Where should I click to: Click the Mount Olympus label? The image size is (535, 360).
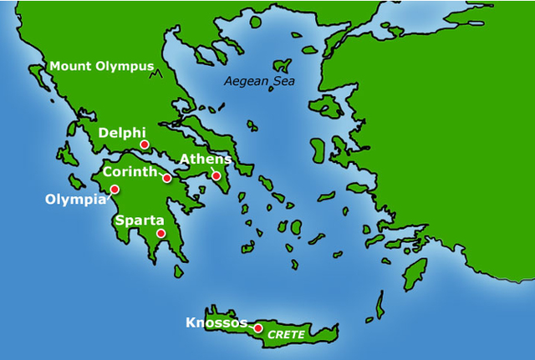click(102, 66)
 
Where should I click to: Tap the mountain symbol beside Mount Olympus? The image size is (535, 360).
click(155, 74)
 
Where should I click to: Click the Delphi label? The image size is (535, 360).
click(122, 133)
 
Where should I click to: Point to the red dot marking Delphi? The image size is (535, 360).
click(145, 145)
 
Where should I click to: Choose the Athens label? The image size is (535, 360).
click(206, 160)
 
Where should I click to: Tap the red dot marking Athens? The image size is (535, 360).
click(216, 175)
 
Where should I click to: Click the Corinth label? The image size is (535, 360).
click(130, 172)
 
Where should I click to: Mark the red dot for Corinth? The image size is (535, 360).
click(167, 178)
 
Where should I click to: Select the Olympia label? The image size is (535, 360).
click(76, 200)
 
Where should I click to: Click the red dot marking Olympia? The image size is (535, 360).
click(115, 190)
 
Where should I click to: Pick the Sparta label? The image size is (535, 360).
click(138, 221)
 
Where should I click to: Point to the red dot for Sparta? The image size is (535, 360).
click(160, 234)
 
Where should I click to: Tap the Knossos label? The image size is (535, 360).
click(217, 322)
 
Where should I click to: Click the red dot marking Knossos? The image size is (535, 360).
click(258, 327)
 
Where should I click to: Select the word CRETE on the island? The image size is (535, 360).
click(286, 335)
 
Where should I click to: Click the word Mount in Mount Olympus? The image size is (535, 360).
click(69, 66)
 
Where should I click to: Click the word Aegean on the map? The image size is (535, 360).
click(242, 82)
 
